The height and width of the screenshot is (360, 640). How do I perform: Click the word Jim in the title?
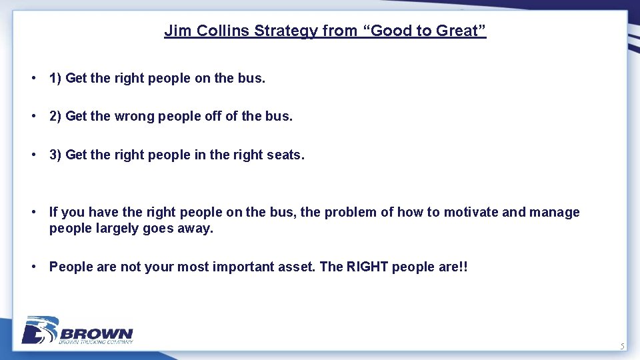[x=175, y=31]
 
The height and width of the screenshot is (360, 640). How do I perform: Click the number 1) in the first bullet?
[x=56, y=78]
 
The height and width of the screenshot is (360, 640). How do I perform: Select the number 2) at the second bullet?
[x=56, y=117]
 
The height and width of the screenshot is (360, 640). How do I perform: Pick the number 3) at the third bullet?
[x=56, y=155]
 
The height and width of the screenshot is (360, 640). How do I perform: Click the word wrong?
[x=134, y=117]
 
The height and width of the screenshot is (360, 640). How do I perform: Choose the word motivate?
[x=471, y=213]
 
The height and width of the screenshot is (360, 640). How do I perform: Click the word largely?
[x=113, y=229]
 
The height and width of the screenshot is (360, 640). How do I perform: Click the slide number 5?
[x=622, y=346]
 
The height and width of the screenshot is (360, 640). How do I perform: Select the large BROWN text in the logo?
[x=97, y=333]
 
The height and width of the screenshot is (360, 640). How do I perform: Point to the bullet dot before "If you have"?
[x=33, y=213]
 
